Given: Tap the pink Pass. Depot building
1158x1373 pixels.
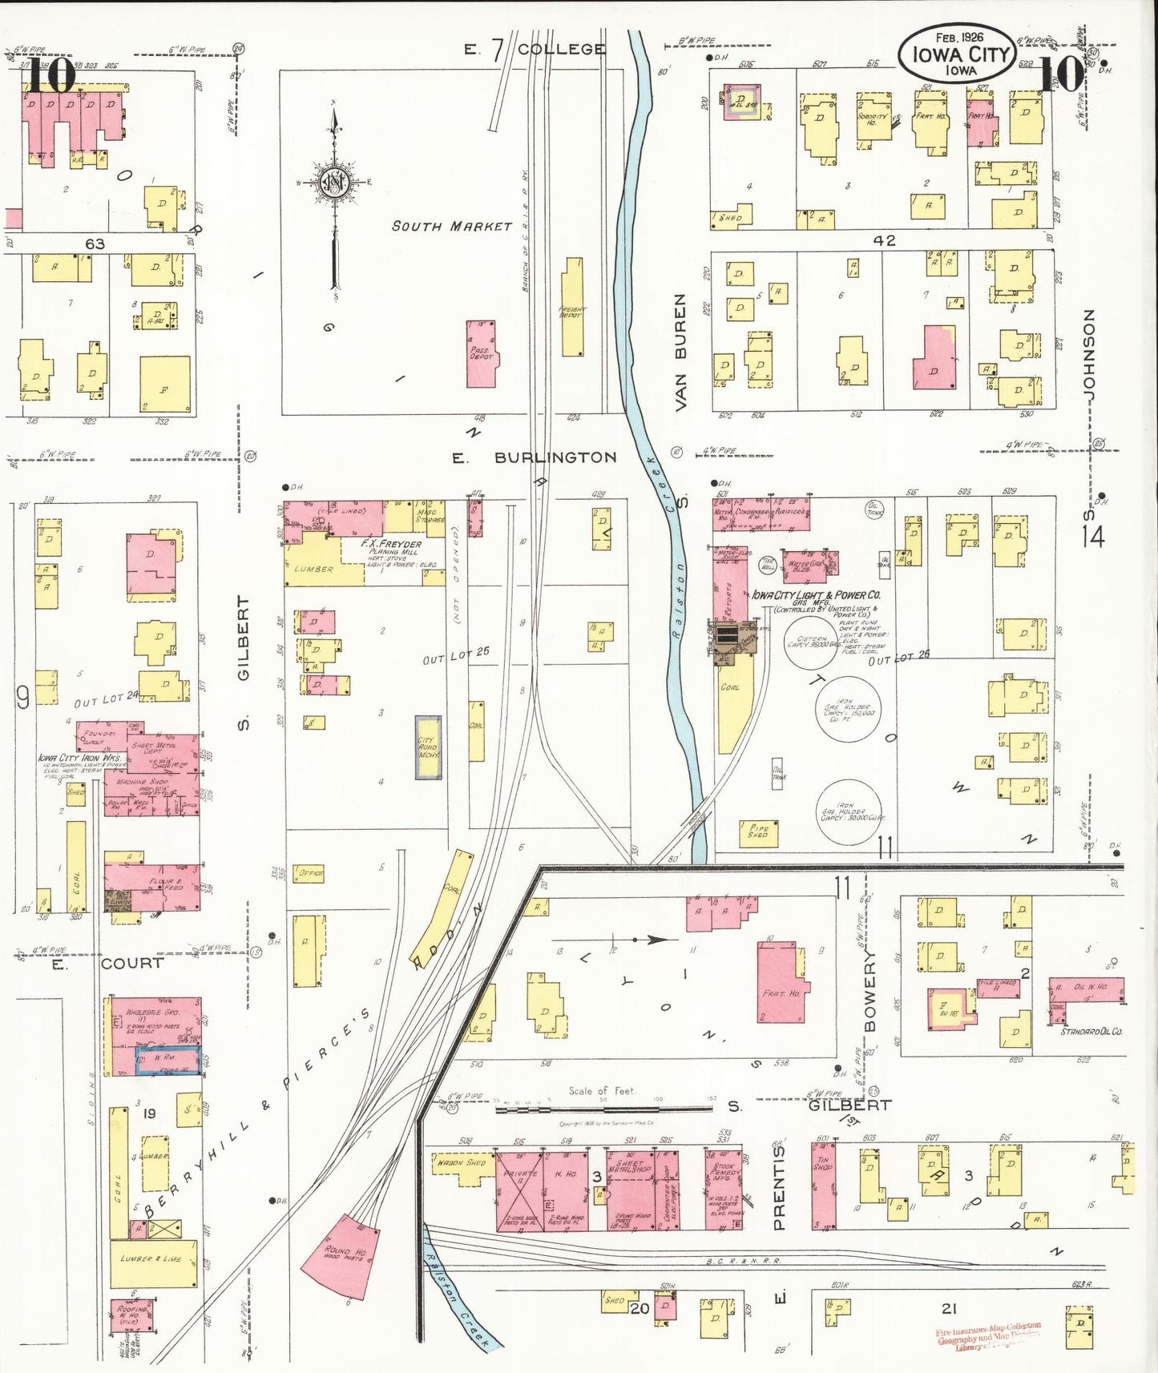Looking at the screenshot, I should (482, 354).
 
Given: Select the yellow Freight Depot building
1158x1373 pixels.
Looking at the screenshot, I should (572, 308).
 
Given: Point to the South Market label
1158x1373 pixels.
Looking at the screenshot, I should (451, 227).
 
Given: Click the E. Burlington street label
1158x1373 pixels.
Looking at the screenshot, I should (535, 457).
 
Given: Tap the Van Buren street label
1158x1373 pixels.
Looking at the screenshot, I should (680, 352).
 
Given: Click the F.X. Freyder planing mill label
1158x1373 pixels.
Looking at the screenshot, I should (390, 545).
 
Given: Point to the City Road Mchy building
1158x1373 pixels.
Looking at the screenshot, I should (428, 747).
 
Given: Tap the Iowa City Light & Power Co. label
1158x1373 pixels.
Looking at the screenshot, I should (816, 595).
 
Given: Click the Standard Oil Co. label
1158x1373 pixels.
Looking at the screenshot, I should (1091, 1032).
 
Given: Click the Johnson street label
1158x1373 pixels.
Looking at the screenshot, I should (1088, 352).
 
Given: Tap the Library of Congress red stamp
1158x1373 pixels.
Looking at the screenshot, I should (988, 1336).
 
